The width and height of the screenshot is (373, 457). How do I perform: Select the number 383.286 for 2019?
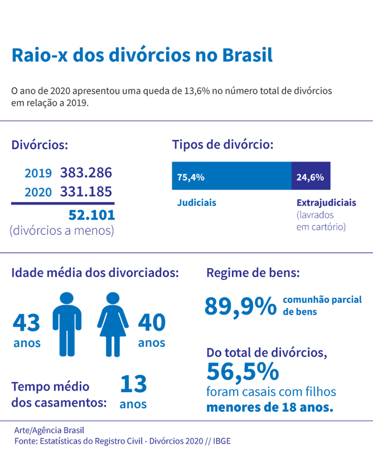click(x=86, y=173)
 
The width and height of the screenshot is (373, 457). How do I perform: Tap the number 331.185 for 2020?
click(x=86, y=192)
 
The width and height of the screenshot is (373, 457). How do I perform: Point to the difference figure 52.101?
click(x=91, y=215)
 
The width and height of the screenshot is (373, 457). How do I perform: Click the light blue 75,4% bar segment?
click(x=232, y=176)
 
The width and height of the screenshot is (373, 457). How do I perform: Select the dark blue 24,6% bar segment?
click(x=311, y=176)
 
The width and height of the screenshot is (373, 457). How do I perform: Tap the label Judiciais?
click(x=196, y=203)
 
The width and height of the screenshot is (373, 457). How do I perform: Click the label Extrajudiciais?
click(x=326, y=203)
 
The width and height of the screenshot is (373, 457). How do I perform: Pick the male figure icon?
click(x=67, y=324)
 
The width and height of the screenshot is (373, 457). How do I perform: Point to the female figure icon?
click(x=113, y=324)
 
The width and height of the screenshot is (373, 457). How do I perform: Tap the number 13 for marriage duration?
click(x=133, y=384)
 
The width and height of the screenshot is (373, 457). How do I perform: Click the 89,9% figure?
click(x=240, y=306)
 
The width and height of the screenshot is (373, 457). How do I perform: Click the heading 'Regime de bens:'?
click(x=253, y=273)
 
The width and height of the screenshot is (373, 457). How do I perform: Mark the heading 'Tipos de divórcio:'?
click(x=223, y=145)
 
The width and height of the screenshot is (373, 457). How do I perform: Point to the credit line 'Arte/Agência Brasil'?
click(x=46, y=430)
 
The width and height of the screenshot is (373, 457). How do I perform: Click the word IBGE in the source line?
click(x=221, y=441)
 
